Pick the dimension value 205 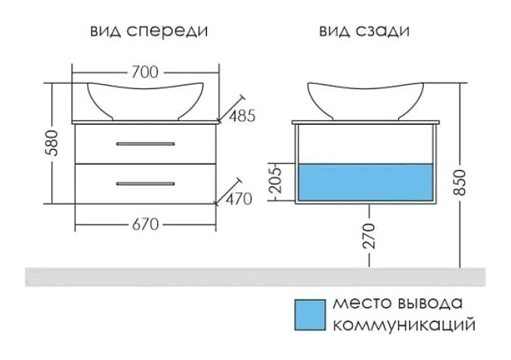277,182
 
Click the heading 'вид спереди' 149,30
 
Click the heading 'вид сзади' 365,30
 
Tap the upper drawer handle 145,143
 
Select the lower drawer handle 145,182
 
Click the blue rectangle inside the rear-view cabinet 366,182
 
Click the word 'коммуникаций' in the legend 403,327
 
